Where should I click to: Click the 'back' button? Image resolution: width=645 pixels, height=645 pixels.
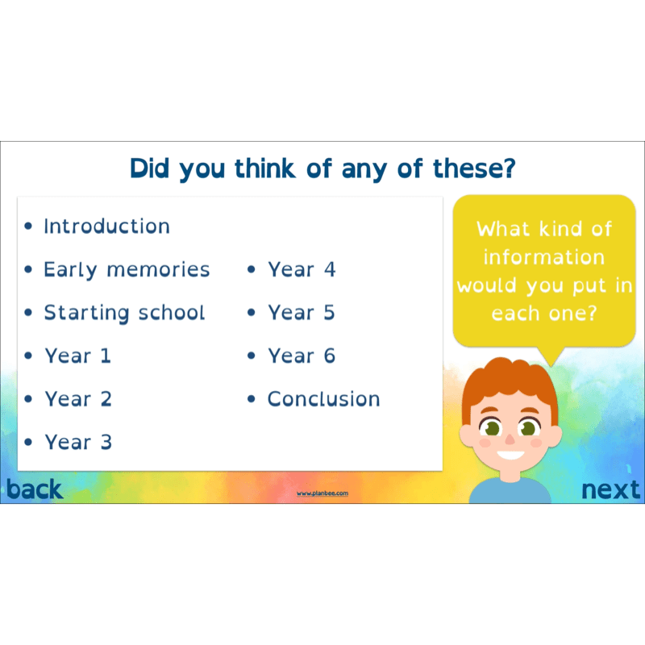(34, 489)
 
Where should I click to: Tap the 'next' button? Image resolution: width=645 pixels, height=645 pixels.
(611, 489)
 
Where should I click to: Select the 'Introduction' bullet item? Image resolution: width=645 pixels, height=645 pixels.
(106, 227)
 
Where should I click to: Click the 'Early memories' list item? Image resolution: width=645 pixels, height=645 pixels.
(127, 269)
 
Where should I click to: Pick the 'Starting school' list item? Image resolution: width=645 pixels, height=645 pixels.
(124, 313)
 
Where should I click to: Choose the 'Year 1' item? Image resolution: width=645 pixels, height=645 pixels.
(77, 356)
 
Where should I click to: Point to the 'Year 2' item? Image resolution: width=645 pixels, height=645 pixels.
(78, 399)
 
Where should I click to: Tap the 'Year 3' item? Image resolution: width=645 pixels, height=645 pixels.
(78, 442)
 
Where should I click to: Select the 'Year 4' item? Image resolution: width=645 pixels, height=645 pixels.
(302, 269)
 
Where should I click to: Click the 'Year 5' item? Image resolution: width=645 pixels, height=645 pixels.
(302, 313)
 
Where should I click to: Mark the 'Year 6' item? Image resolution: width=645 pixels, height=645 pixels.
(302, 356)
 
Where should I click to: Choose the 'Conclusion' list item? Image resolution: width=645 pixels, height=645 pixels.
(323, 399)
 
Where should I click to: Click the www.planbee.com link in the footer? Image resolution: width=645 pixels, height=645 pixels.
(322, 493)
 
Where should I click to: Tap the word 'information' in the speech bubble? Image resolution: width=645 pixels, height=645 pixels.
(543, 257)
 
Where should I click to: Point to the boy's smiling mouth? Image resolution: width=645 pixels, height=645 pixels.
(509, 456)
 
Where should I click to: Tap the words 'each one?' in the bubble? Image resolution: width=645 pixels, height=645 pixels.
(543, 313)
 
